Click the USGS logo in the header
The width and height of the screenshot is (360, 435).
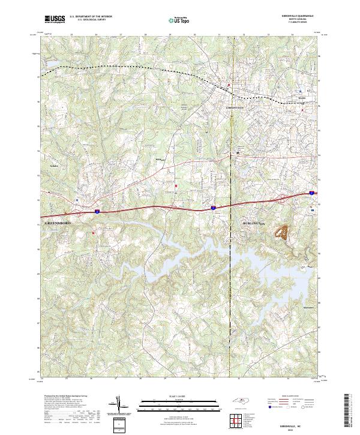55,19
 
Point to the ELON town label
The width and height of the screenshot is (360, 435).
302,98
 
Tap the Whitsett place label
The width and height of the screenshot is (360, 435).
160,159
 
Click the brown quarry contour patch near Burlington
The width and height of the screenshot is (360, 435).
281,231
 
